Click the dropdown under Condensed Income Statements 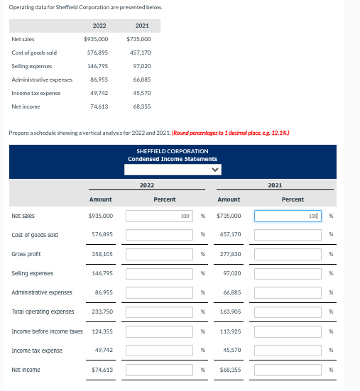click(x=173, y=170)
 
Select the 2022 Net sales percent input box click(x=160, y=216)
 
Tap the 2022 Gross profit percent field click(x=160, y=254)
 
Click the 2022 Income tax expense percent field click(x=160, y=351)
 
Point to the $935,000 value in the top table click(x=96, y=39)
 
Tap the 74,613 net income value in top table click(x=98, y=106)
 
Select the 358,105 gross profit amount click(x=103, y=254)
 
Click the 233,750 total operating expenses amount click(x=103, y=312)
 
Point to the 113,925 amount click(x=230, y=331)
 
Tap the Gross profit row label click(x=26, y=254)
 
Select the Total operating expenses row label click(x=43, y=312)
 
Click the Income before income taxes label click(x=47, y=331)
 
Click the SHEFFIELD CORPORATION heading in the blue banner click(x=173, y=151)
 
